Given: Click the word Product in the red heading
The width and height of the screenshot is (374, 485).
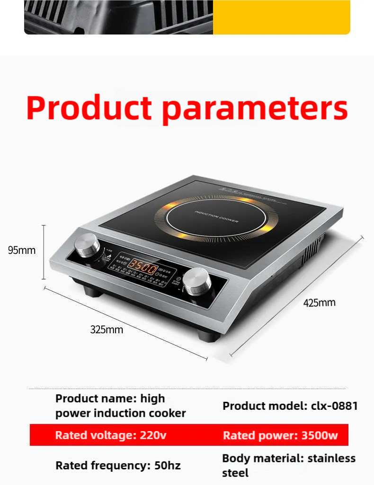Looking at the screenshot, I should point(89,108).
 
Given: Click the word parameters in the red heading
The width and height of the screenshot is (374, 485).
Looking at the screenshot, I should point(255,109).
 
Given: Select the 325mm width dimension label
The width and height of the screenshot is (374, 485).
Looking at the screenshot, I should point(107,329).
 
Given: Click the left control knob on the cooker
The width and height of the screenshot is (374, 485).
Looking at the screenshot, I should point(87,245).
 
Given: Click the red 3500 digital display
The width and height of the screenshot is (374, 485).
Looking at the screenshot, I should point(143,268).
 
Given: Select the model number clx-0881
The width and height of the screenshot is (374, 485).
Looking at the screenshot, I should point(334,406).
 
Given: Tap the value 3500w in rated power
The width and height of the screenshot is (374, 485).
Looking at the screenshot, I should point(320,435).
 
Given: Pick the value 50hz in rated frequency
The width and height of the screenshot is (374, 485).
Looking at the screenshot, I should point(168,466).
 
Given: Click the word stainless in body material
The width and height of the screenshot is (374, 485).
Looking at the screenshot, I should point(331,459).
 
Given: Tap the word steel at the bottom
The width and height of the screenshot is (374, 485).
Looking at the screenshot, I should point(235,473).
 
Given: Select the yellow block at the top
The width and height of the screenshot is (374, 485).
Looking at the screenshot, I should point(281,17).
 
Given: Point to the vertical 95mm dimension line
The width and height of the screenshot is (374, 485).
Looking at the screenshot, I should point(44,252).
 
